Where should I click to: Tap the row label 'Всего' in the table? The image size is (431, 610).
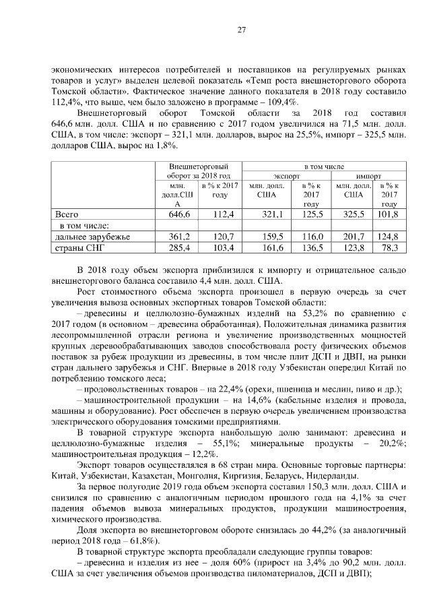pos(65,214)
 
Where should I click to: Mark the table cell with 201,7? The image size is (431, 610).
pos(353,237)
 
